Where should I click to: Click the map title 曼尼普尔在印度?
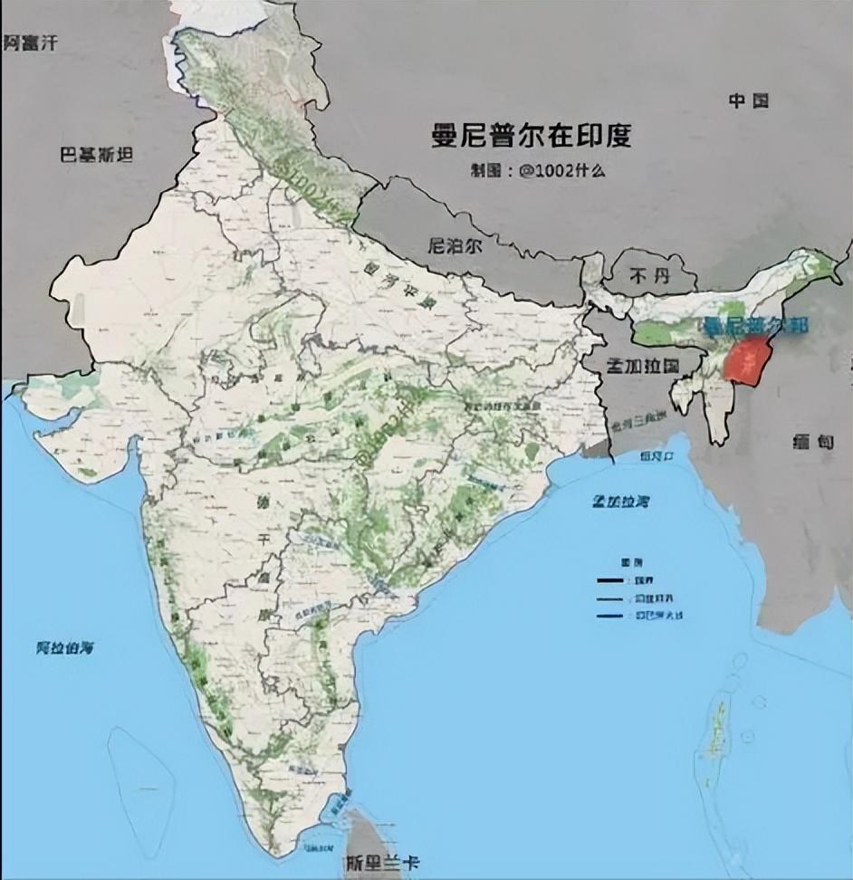pos(532,136)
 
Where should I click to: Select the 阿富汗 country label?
pos(32,42)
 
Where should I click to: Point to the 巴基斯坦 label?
pos(96,155)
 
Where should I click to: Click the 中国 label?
pos(748,100)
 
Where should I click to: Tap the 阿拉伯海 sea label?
pos(65,648)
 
